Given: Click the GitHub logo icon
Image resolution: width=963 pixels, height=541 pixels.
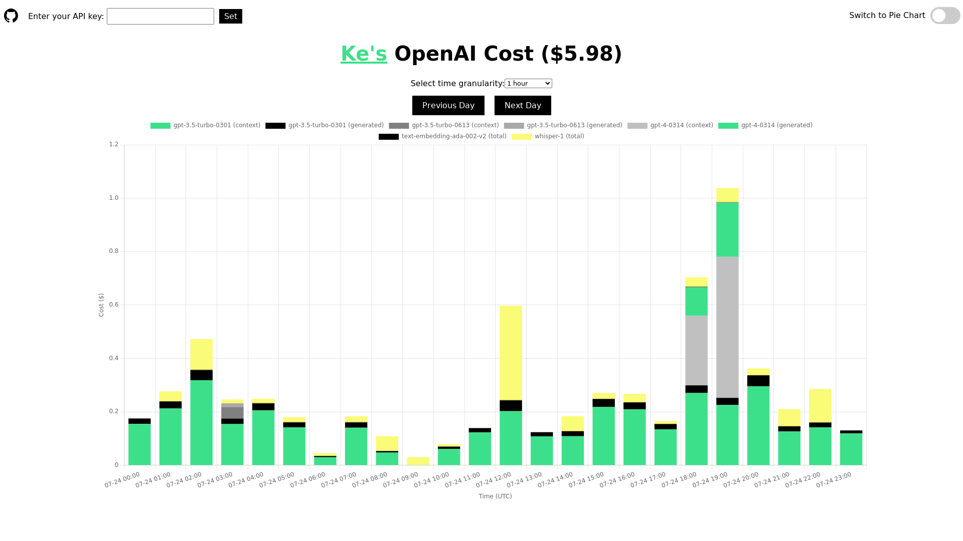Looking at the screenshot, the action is click(x=11, y=16).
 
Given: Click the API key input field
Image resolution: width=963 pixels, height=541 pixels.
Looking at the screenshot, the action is click(x=160, y=16).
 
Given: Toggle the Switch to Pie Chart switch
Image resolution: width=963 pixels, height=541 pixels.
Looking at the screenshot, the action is click(x=945, y=16).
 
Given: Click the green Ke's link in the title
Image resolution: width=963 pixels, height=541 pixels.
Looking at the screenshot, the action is click(x=364, y=54).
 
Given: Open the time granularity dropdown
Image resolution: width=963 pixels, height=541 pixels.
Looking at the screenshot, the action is click(x=528, y=84).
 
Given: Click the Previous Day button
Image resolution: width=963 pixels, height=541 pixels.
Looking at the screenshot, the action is click(x=448, y=106).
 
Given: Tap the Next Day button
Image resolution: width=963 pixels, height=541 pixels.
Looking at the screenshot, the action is click(x=523, y=106).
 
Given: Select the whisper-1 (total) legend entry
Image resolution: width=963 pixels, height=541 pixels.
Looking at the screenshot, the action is click(x=548, y=137).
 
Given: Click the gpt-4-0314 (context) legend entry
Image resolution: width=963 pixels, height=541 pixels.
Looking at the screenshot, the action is click(x=670, y=126).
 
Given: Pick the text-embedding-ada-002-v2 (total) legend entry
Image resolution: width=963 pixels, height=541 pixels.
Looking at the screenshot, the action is click(x=442, y=137).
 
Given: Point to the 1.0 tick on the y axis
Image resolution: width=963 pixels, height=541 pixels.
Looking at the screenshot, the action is click(x=114, y=198).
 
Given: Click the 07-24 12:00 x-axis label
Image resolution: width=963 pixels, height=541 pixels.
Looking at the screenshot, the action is click(x=494, y=480).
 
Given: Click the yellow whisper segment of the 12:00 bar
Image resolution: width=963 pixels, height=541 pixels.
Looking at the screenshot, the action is click(x=511, y=353).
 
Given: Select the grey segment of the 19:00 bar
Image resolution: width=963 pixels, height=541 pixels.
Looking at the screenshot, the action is click(x=727, y=327).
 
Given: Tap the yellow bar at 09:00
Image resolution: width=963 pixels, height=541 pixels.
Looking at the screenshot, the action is click(x=418, y=461).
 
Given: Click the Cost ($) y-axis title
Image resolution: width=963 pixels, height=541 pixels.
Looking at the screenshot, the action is click(x=101, y=305).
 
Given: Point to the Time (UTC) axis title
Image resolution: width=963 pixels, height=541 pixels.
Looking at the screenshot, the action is click(x=495, y=496).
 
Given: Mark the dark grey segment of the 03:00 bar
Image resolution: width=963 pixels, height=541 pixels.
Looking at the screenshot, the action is click(x=232, y=413).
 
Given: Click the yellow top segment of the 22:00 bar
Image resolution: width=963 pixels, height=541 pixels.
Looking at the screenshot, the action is click(x=820, y=406).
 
